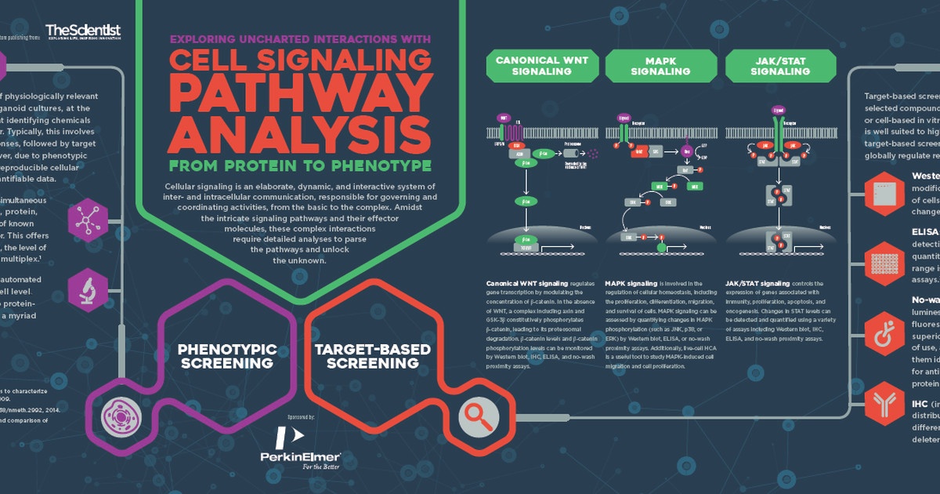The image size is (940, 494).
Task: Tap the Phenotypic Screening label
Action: click(x=226, y=355)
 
